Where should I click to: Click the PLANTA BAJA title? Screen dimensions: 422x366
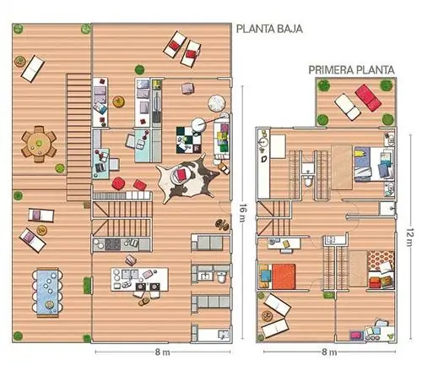(x=269, y=29)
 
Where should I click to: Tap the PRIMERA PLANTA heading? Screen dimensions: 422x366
(x=351, y=70)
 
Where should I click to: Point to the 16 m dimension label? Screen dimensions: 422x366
(x=241, y=213)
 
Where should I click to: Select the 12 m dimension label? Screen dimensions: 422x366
(x=410, y=238)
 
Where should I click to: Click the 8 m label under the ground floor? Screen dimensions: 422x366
(x=162, y=352)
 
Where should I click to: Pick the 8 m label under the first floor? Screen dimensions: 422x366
(x=329, y=352)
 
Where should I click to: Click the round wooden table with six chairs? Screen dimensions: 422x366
(x=39, y=144)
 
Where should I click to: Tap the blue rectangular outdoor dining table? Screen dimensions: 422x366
(x=47, y=292)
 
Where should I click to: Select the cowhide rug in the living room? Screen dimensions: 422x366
(x=187, y=178)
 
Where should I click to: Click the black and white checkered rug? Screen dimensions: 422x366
(x=189, y=140)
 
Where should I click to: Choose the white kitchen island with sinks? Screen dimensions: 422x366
(x=139, y=279)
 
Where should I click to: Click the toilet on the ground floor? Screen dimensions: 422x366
(x=222, y=277)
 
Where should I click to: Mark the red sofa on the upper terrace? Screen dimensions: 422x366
(x=368, y=97)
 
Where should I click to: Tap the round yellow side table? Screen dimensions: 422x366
(x=118, y=101)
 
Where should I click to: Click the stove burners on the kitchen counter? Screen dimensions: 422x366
(x=112, y=244)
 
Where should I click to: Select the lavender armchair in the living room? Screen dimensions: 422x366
(x=188, y=88)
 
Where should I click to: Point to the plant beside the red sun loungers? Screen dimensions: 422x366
(x=139, y=69)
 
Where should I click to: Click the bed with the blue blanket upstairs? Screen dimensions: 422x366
(x=373, y=164)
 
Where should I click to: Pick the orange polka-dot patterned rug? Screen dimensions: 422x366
(x=381, y=260)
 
